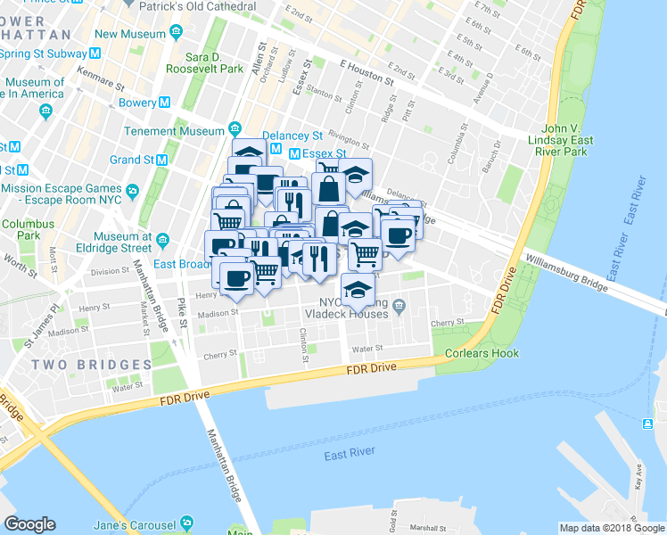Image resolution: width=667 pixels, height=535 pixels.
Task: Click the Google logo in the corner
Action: (29, 524)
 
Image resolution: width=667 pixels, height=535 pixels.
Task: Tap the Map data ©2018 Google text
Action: (611, 528)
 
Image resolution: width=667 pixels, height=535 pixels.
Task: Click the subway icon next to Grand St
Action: (162, 160)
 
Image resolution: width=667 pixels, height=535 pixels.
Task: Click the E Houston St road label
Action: (366, 71)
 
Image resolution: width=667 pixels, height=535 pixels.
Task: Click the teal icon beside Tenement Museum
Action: (236, 128)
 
